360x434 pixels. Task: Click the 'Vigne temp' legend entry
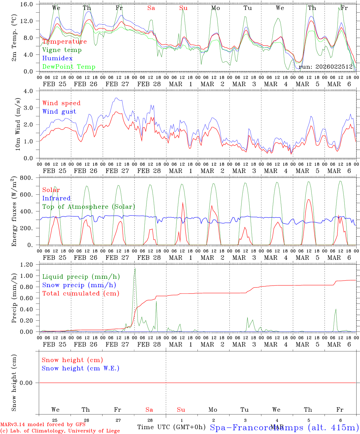(62, 50)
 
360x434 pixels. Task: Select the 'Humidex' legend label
(57, 58)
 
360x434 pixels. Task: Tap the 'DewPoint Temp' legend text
(69, 67)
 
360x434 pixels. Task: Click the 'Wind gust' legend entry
(59, 112)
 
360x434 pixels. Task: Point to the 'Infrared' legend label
(56, 198)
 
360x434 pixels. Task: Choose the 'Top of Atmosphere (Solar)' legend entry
(88, 207)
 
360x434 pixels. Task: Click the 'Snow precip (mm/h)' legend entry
(79, 285)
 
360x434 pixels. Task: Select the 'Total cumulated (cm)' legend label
(81, 294)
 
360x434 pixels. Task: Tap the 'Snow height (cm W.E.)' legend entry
(80, 368)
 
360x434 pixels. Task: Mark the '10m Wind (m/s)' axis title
(18, 124)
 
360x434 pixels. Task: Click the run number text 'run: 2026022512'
(325, 67)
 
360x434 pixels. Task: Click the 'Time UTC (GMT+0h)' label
(171, 427)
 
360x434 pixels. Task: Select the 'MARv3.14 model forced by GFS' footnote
(43, 425)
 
